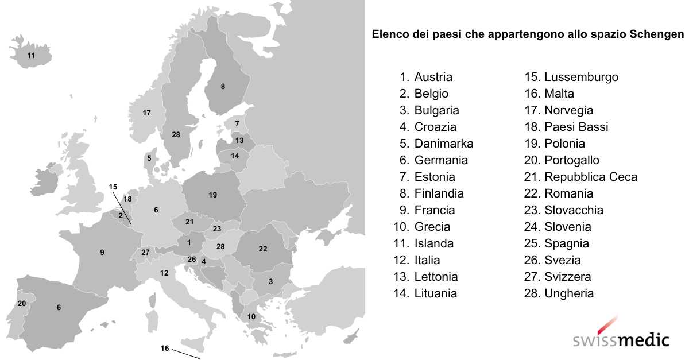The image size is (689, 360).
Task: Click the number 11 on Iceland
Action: point(31,56)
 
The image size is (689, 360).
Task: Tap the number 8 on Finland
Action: point(223,87)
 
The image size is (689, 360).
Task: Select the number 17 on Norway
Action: point(146,113)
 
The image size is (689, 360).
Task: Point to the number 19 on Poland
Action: point(213,195)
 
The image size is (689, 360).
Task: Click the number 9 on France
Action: point(102,252)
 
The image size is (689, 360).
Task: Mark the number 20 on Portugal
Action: point(22,303)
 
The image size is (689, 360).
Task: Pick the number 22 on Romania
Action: point(263,249)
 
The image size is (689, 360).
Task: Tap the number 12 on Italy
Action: point(164,273)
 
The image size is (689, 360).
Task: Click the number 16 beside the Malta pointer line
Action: point(165,348)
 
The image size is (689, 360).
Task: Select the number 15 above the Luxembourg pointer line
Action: point(113,187)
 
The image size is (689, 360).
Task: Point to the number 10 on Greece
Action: point(251,316)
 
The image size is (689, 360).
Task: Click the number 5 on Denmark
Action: point(149,158)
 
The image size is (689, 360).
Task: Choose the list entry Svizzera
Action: point(567,277)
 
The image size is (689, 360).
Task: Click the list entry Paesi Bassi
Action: point(576,127)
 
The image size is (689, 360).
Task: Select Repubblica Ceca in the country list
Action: point(590,177)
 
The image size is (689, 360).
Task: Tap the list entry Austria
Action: point(433,77)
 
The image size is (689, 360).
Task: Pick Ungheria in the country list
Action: point(569,293)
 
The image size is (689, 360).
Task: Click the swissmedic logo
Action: point(621,336)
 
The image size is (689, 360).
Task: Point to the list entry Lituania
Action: point(435,293)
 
